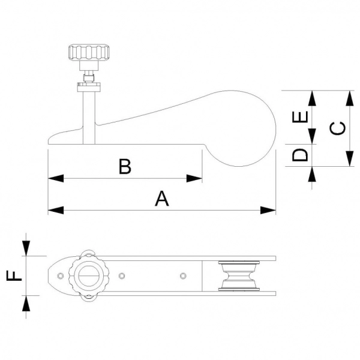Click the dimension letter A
(161, 199)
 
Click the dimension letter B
(124, 166)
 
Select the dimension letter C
(338, 129)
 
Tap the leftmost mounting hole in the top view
(60, 275)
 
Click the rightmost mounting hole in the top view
(183, 275)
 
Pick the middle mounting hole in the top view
(122, 275)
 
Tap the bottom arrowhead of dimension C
(349, 162)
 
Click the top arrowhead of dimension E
(312, 97)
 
